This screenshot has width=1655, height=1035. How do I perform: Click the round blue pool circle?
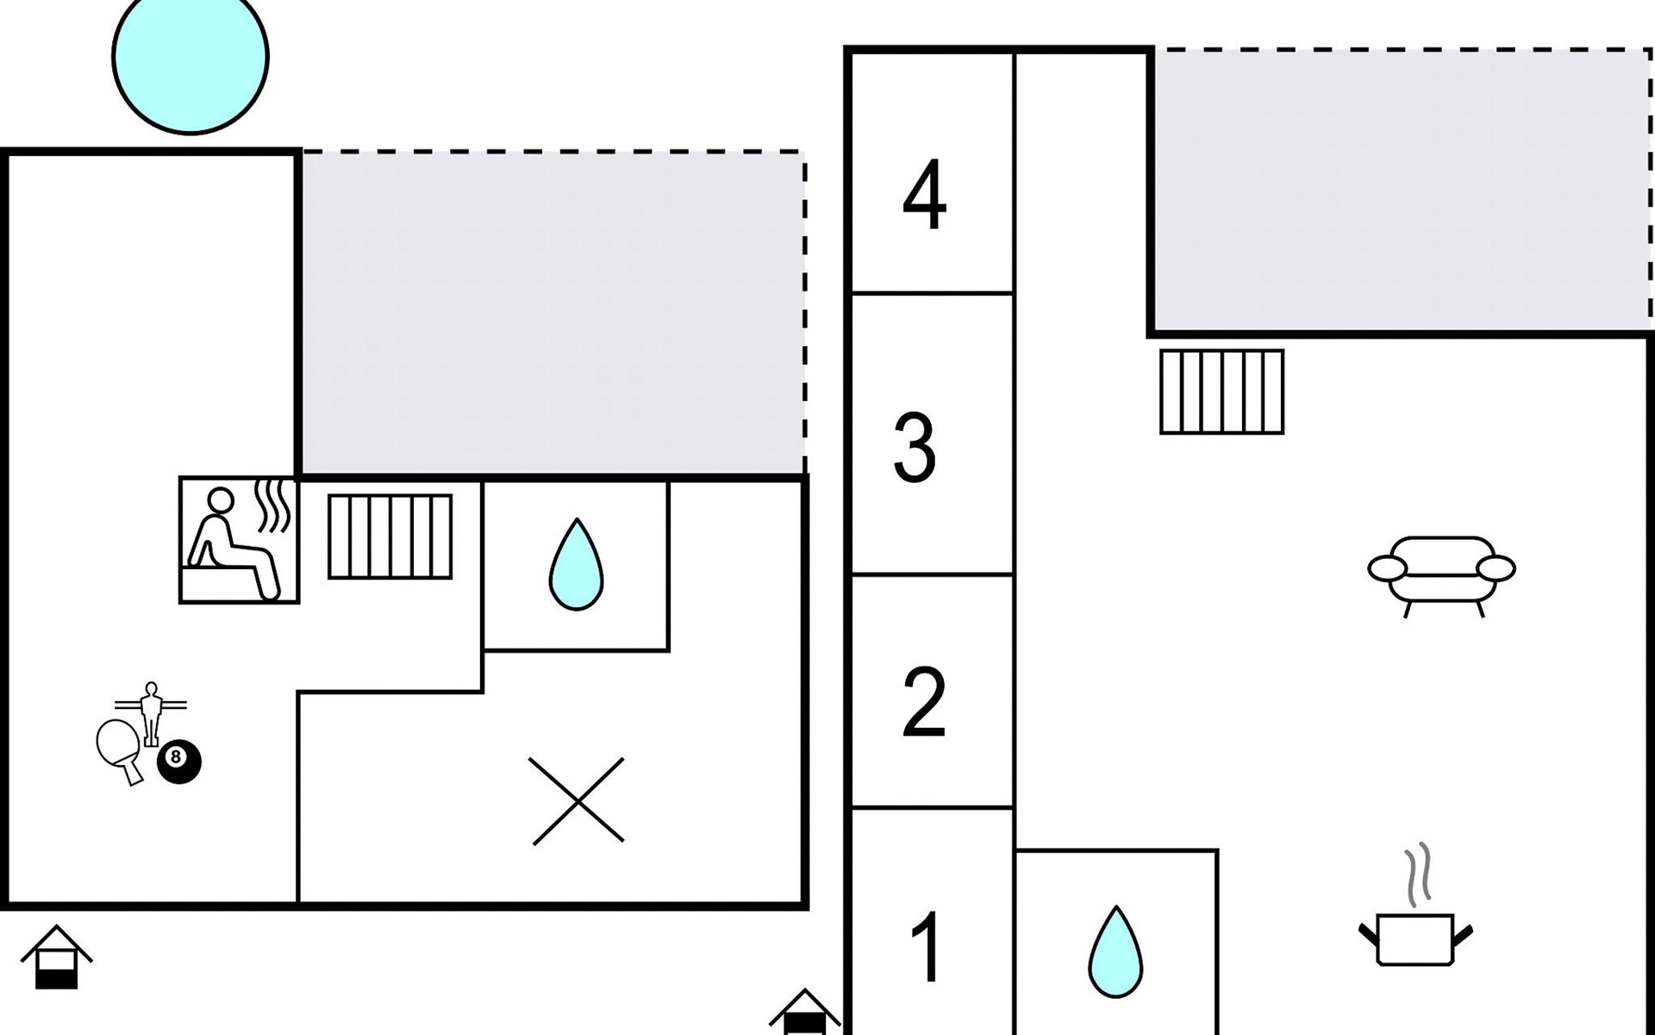[x=190, y=57]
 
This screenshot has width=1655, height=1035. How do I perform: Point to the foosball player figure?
[x=152, y=712]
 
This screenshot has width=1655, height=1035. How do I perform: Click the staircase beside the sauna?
[x=390, y=536]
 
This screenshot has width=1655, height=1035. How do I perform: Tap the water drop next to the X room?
[x=576, y=564]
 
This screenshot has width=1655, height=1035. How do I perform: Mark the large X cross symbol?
[x=578, y=800]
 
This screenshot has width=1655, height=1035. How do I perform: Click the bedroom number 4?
[x=924, y=196]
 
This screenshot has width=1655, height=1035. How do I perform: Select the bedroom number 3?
[x=915, y=448]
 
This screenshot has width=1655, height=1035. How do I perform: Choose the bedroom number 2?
[x=923, y=703]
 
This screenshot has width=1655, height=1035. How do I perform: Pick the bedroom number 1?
[x=927, y=947]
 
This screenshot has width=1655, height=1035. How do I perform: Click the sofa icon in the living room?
[x=1441, y=573]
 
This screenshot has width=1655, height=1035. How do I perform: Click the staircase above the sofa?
[x=1221, y=391]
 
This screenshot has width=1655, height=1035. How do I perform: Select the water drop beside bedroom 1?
[x=1115, y=952]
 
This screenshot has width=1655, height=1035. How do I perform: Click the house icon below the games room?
[x=56, y=957]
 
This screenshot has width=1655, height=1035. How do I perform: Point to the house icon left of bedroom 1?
[x=803, y=1013]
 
